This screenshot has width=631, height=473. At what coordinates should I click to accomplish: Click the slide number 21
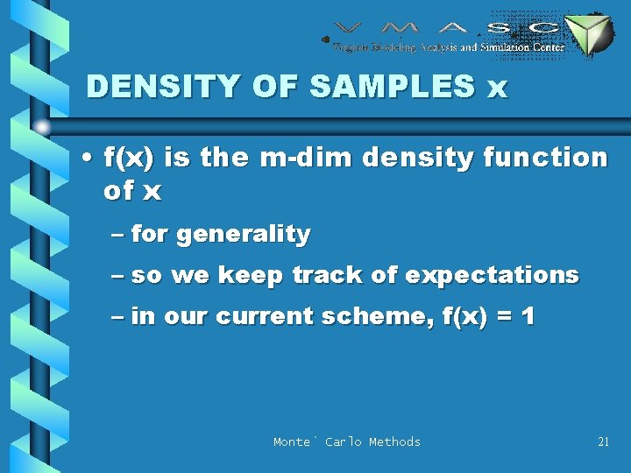coord(603,442)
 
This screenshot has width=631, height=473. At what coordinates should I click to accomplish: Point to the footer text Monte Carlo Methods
coord(347,442)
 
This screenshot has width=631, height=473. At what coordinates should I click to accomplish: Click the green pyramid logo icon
coord(588,36)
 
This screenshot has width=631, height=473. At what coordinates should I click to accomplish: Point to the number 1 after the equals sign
coord(527,316)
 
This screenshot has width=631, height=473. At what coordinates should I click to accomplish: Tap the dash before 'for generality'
coord(119,235)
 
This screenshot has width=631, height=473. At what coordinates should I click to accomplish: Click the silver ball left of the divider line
coord(42,126)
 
